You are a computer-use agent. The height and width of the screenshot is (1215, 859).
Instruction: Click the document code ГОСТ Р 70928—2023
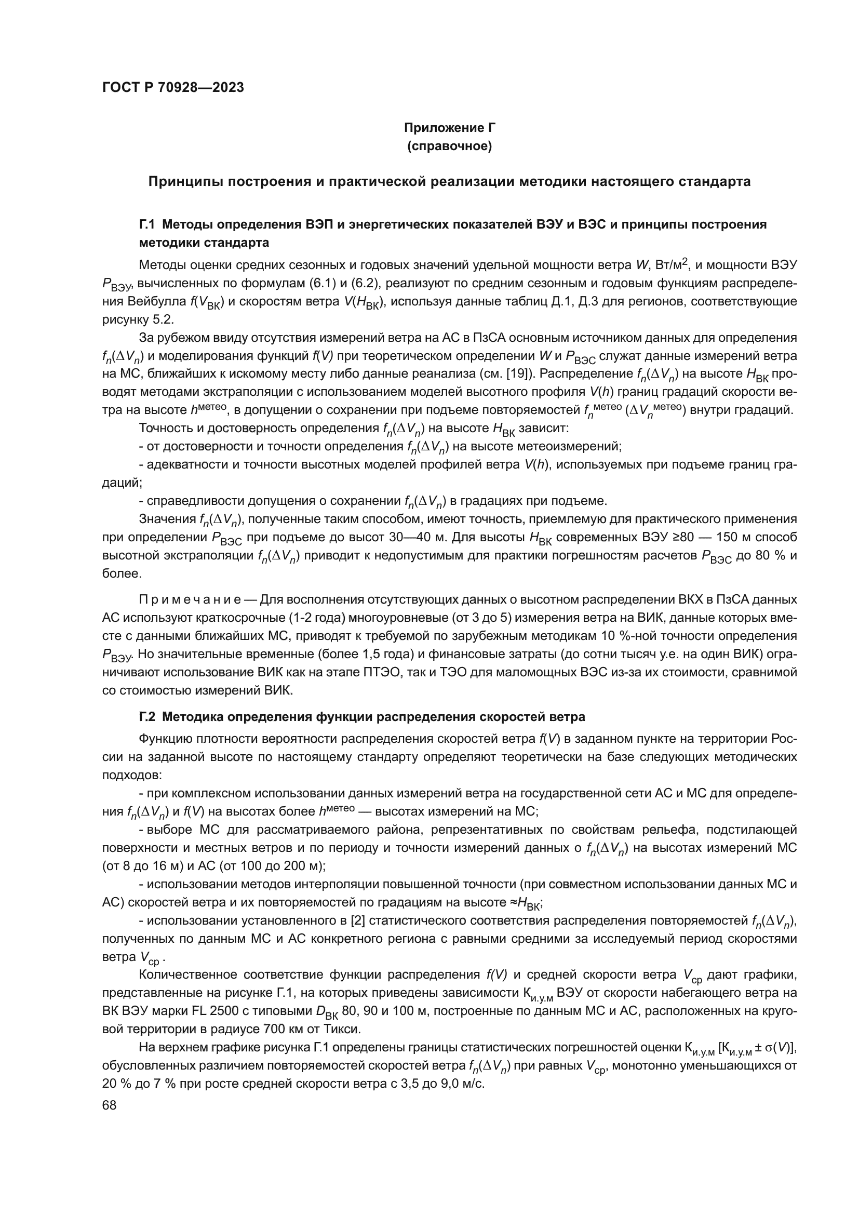pyautogui.click(x=173, y=88)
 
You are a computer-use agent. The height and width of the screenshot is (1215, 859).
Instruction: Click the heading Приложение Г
pyautogui.click(x=449, y=128)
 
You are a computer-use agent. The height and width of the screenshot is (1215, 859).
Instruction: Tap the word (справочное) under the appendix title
pyautogui.click(x=449, y=146)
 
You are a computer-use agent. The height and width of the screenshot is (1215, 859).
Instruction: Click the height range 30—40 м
pyautogui.click(x=412, y=538)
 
